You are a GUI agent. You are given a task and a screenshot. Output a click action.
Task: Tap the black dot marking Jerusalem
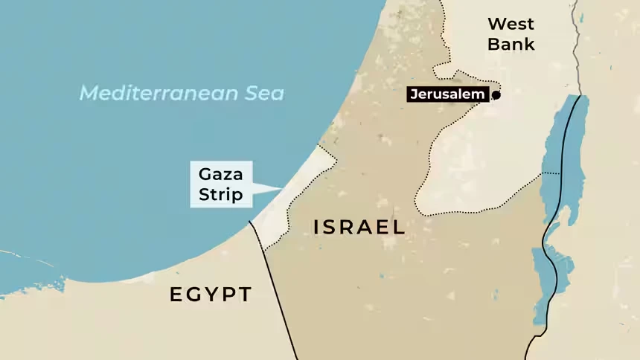(x=496, y=94)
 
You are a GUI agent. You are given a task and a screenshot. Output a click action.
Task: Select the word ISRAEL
(x=359, y=228)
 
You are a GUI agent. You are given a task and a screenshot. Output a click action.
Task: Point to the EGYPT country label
(x=211, y=295)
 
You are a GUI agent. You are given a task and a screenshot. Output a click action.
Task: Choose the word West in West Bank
(x=511, y=24)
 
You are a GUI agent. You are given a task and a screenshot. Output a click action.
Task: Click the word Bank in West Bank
(x=511, y=44)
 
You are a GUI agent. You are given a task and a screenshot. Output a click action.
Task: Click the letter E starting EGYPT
(x=176, y=295)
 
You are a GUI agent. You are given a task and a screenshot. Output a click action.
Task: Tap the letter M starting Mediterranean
(x=89, y=94)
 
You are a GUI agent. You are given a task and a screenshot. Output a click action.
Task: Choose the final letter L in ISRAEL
(x=400, y=228)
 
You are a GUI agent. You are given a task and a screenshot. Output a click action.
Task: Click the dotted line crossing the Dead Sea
(x=551, y=173)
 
